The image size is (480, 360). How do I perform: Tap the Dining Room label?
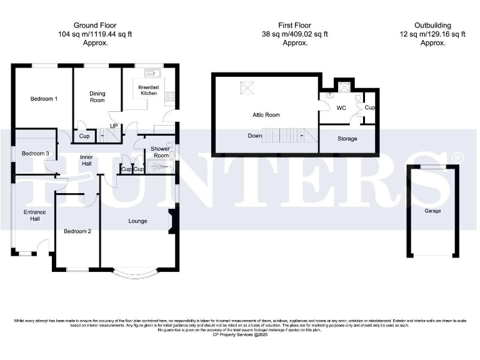(x=97, y=97)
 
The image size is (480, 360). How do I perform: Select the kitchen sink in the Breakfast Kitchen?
(x=151, y=72)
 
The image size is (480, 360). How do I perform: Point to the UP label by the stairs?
(x=114, y=126)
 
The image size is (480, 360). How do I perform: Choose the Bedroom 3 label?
(x=35, y=154)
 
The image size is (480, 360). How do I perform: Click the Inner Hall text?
(x=86, y=161)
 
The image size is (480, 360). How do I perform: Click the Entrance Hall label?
(x=35, y=216)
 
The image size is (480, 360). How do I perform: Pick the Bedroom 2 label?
(x=77, y=231)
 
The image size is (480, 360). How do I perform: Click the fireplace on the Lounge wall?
(x=171, y=222)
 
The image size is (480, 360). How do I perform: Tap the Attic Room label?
(x=266, y=115)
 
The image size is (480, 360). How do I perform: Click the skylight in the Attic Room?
(x=247, y=88)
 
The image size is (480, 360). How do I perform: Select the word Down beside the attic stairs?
(x=255, y=135)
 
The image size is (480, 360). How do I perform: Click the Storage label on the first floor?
(x=347, y=139)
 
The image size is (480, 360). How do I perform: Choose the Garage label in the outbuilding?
(x=432, y=211)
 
